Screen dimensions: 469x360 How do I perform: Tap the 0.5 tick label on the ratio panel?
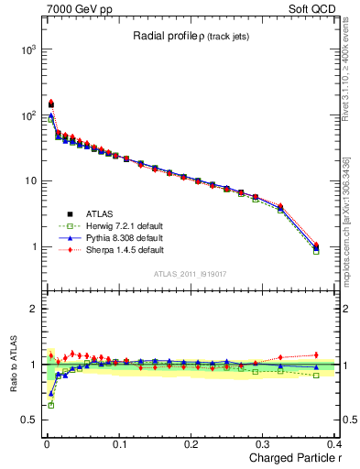click(27, 420)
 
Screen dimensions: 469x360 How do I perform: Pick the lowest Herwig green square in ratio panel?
click(50, 404)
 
